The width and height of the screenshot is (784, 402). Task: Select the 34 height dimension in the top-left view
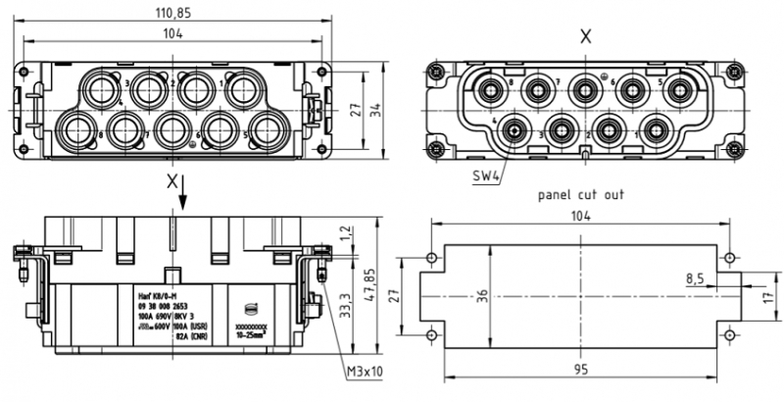375,107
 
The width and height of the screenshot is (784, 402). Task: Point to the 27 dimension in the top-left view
357,107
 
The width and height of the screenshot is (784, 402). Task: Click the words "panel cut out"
581,194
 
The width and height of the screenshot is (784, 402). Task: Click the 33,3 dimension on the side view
344,303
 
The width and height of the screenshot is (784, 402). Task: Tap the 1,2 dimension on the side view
344,234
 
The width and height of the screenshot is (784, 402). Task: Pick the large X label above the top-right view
586,36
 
